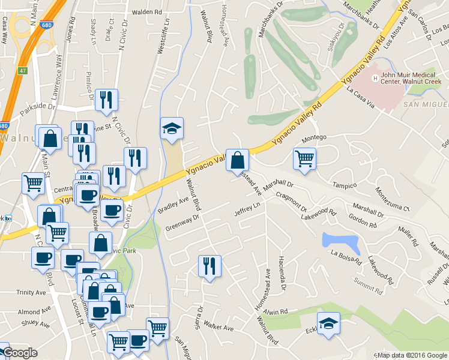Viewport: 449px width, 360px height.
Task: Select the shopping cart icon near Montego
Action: coord(304,159)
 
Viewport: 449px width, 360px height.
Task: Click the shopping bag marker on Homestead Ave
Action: coord(238,160)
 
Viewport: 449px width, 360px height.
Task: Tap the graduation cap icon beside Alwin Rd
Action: coord(328,324)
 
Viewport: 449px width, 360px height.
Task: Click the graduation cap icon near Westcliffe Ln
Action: coord(172,128)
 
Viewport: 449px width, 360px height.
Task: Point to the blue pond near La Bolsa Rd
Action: coord(341,242)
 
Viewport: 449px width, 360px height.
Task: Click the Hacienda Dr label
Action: coord(282,269)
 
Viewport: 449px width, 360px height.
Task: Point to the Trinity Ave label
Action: coord(31,292)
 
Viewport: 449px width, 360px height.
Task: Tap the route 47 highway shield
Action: coord(22,70)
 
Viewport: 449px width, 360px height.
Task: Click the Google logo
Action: coord(19,353)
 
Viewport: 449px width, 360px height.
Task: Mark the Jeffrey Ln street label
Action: coord(247,209)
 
